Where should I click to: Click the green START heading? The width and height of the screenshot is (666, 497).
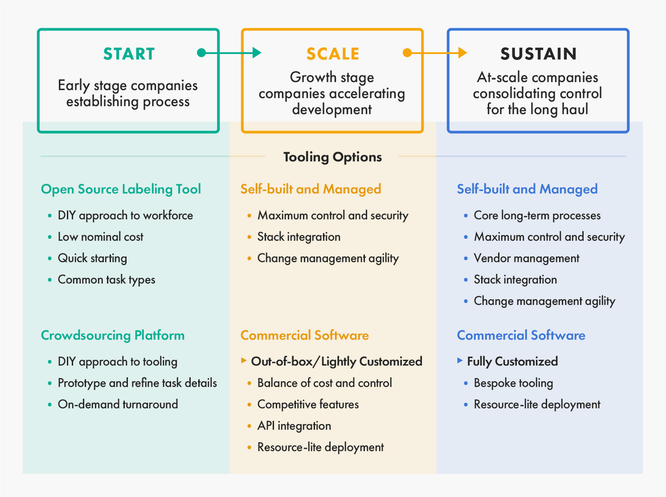[129, 54]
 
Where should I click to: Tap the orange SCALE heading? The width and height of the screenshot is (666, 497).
[332, 54]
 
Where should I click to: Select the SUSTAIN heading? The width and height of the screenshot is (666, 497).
[538, 54]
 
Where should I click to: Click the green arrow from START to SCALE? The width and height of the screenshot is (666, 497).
[229, 53]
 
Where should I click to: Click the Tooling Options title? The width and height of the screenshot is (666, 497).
[332, 157]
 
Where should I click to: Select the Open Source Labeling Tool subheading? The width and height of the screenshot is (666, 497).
[121, 189]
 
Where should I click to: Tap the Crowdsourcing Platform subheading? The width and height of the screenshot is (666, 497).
[112, 335]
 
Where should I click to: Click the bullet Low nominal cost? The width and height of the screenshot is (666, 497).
[100, 237]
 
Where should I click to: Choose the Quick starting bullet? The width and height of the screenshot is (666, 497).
[92, 259]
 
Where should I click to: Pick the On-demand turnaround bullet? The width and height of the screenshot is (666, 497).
[117, 405]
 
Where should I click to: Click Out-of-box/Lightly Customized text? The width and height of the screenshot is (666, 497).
[336, 362]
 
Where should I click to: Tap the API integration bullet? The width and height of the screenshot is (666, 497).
[294, 426]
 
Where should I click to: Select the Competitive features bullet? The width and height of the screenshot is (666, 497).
[307, 405]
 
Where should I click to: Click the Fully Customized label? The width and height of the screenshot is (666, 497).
[512, 362]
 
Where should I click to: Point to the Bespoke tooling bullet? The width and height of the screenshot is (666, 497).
[513, 383]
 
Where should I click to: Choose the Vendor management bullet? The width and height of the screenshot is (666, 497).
[526, 259]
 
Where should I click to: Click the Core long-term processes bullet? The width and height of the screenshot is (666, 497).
[537, 216]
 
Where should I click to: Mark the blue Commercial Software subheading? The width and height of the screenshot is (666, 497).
[521, 335]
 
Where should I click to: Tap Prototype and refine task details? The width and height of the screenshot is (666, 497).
[137, 383]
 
